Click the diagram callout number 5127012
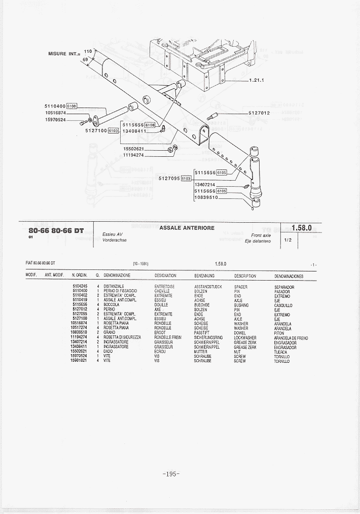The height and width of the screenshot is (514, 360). (259, 113)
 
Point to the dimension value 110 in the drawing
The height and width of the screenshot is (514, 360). (88, 51)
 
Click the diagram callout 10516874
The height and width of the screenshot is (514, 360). (56, 112)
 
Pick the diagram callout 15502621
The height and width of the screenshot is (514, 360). (134, 149)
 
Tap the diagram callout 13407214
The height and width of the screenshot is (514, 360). (205, 185)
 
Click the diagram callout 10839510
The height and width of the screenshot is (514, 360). (205, 197)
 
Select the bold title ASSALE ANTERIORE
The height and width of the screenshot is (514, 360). (187, 228)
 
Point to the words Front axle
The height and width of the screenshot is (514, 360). (261, 235)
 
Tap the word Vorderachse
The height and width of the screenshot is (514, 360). (114, 240)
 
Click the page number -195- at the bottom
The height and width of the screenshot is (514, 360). (170, 474)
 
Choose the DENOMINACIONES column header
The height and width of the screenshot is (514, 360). (289, 276)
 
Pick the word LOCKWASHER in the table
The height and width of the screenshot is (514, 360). (245, 337)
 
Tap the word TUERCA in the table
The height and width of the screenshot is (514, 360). (280, 352)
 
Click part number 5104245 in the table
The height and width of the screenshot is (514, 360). (80, 287)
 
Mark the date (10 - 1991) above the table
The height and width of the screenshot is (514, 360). (140, 264)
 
